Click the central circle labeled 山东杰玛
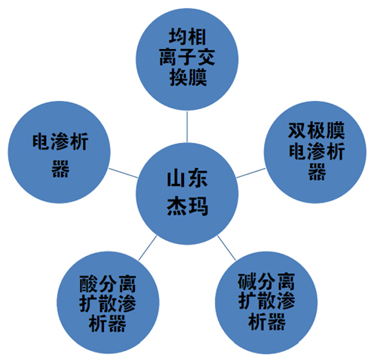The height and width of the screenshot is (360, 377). pyautogui.click(x=187, y=194)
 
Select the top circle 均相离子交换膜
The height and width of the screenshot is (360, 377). pyautogui.click(x=187, y=59)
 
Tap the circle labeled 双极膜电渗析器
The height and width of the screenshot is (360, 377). pyautogui.click(x=315, y=152)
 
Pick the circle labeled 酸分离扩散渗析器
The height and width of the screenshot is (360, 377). pyautogui.click(x=108, y=303)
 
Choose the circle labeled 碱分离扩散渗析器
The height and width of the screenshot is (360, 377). pyautogui.click(x=266, y=303)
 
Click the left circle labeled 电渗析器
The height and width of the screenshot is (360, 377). pyautogui.click(x=60, y=152)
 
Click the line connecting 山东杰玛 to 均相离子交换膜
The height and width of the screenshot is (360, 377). pyautogui.click(x=187, y=127)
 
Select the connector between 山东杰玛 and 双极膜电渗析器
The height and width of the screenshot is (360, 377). pyautogui.click(x=250, y=173)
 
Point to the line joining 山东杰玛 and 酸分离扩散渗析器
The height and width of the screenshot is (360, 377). pyautogui.click(x=148, y=248)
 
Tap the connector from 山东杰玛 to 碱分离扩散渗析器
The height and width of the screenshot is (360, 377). pyautogui.click(x=227, y=248)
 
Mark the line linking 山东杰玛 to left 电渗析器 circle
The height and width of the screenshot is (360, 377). pyautogui.click(x=124, y=173)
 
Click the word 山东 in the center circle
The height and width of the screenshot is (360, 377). pyautogui.click(x=187, y=178)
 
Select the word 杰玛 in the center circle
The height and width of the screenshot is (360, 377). pyautogui.click(x=187, y=206)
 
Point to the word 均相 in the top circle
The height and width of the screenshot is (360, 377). pyautogui.click(x=187, y=37)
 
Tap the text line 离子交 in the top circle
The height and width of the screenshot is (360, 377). pyautogui.click(x=187, y=57)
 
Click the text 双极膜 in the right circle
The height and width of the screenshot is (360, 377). pyautogui.click(x=316, y=130)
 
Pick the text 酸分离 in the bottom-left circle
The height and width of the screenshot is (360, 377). pyautogui.click(x=108, y=284)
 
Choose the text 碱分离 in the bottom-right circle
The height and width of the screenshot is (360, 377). pyautogui.click(x=266, y=282)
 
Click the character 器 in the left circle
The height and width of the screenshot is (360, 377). pyautogui.click(x=60, y=169)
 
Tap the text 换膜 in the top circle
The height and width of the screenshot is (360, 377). pyautogui.click(x=188, y=78)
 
